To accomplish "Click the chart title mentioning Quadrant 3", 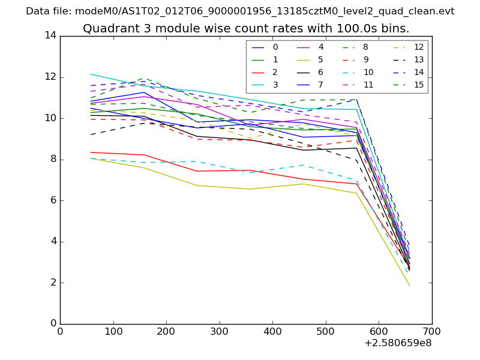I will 246,28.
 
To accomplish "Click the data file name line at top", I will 240,11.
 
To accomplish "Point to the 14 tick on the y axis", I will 50,36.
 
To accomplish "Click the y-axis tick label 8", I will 53,160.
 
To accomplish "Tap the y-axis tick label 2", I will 53,283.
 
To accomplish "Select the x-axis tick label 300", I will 220,331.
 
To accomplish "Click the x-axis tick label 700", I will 432,331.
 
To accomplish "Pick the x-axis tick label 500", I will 326,331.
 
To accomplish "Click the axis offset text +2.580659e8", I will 398,344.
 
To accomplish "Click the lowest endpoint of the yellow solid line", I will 410,286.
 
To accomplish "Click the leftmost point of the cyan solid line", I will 91,74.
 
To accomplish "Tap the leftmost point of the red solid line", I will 91,152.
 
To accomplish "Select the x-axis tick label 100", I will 113,331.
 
